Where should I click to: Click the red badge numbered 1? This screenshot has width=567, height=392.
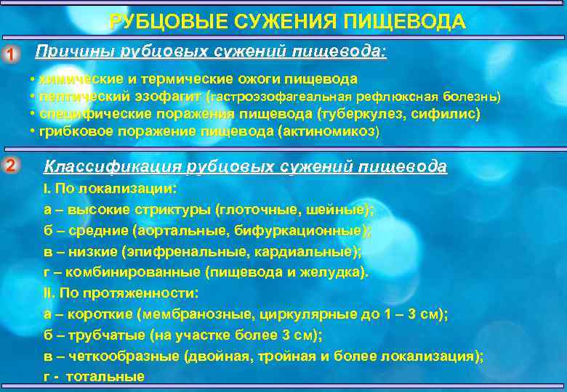click(10, 54)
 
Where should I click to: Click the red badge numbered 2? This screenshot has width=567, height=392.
click(10, 166)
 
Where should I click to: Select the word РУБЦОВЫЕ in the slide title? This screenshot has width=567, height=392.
click(167, 22)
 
